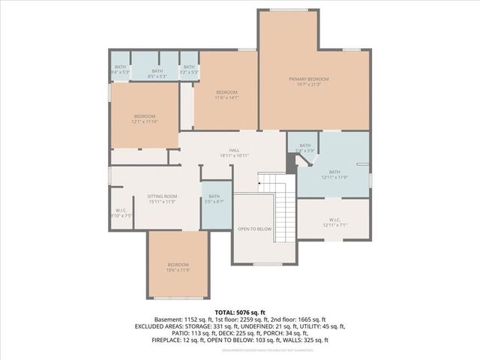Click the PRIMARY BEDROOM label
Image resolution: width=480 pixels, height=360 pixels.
pos(308,79)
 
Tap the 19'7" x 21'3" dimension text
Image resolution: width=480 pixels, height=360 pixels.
pos(308,85)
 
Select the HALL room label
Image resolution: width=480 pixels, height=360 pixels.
pos(233,150)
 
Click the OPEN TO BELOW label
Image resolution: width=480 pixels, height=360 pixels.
pos(254,229)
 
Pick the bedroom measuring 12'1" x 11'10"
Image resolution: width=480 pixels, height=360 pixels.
pos(144,119)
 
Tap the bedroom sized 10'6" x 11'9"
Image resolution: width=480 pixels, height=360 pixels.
pos(178,268)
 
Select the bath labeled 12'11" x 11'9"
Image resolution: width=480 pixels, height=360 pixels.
pos(334,174)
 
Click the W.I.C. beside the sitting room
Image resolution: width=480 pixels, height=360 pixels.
pos(121,213)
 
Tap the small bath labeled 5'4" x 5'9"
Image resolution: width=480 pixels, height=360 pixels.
pos(304,148)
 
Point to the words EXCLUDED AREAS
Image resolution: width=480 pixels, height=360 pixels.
pos(158,327)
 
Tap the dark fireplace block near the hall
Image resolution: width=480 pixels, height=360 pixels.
pos(291,160)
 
